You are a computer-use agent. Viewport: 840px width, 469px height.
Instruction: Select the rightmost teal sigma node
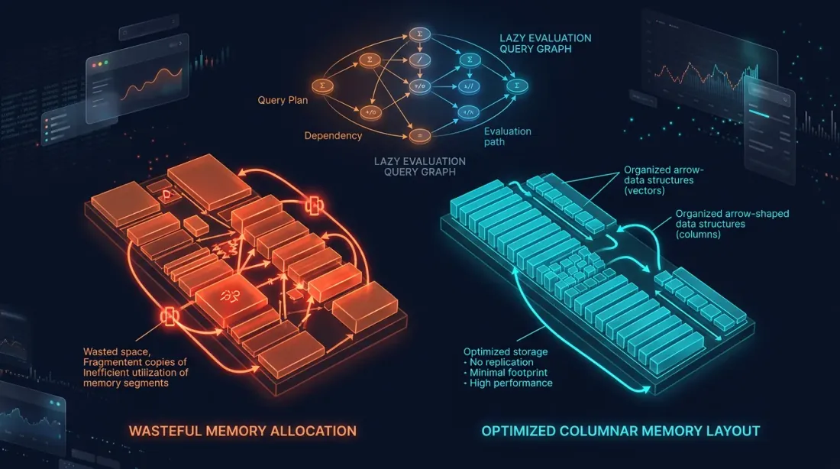pos(519,85)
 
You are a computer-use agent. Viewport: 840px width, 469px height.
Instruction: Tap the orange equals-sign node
pos(418,135)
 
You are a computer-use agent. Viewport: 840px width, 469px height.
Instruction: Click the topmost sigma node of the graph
pos(418,34)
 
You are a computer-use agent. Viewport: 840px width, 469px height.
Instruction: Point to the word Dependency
pos(333,136)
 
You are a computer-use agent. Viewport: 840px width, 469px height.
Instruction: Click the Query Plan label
pos(283,100)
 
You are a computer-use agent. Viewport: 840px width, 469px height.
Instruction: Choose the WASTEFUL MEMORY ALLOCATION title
pos(243,431)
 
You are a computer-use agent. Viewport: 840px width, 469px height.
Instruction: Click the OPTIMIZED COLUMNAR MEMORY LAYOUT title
pos(621,431)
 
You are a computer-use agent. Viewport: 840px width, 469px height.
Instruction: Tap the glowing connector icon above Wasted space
pos(168,315)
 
